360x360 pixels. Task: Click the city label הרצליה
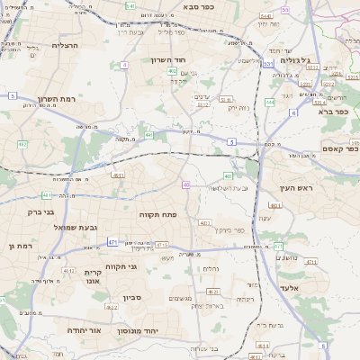66,45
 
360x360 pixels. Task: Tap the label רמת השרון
59,100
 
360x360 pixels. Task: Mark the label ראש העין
293,189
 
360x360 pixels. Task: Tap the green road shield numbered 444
270,102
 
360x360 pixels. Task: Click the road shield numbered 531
268,64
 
